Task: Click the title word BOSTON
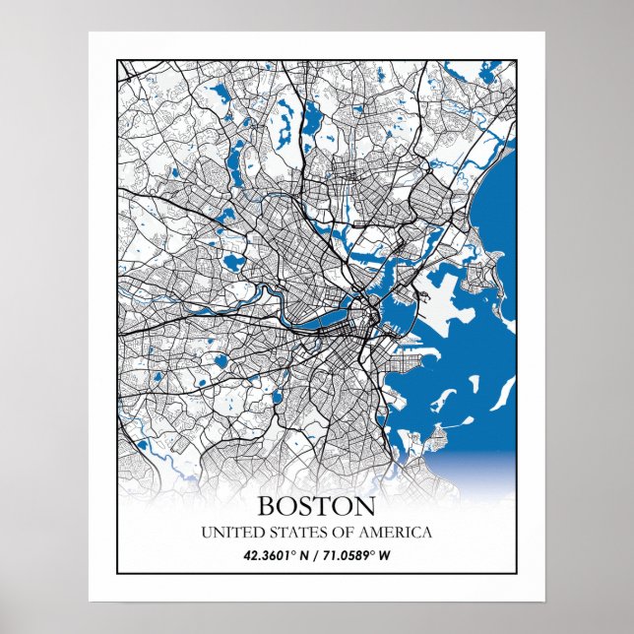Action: (316, 507)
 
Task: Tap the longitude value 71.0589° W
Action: (354, 556)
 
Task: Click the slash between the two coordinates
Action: (315, 556)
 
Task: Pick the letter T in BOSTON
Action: (327, 507)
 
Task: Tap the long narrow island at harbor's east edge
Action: (502, 394)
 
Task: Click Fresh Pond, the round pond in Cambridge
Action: (232, 263)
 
